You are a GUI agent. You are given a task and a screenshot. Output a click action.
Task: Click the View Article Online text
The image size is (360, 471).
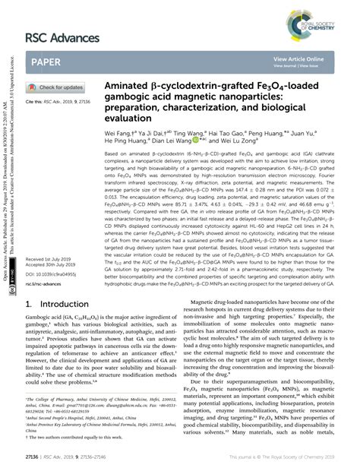coord(298,58)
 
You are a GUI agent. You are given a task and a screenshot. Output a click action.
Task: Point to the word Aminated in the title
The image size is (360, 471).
coord(133,88)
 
